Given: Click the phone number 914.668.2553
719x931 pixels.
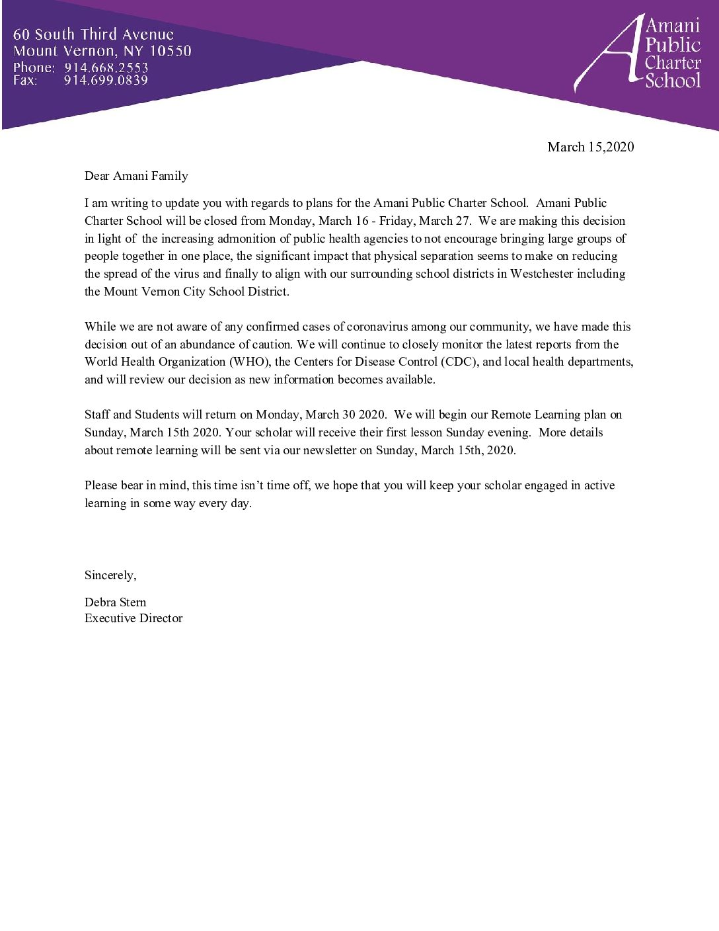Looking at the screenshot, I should coord(106,67).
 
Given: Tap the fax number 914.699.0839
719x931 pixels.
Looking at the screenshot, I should coord(106,81).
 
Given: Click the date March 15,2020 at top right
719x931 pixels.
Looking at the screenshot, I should coord(590,147).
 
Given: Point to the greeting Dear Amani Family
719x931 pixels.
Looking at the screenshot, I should coord(136,176).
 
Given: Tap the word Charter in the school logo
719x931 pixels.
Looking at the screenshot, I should coord(673,63).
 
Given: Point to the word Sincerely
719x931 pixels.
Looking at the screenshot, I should coord(110,575).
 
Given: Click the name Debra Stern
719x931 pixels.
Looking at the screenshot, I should coord(115,602).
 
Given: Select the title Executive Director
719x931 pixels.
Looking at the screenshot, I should coord(133,618).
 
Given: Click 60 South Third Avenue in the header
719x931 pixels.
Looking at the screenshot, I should coord(93,34).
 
